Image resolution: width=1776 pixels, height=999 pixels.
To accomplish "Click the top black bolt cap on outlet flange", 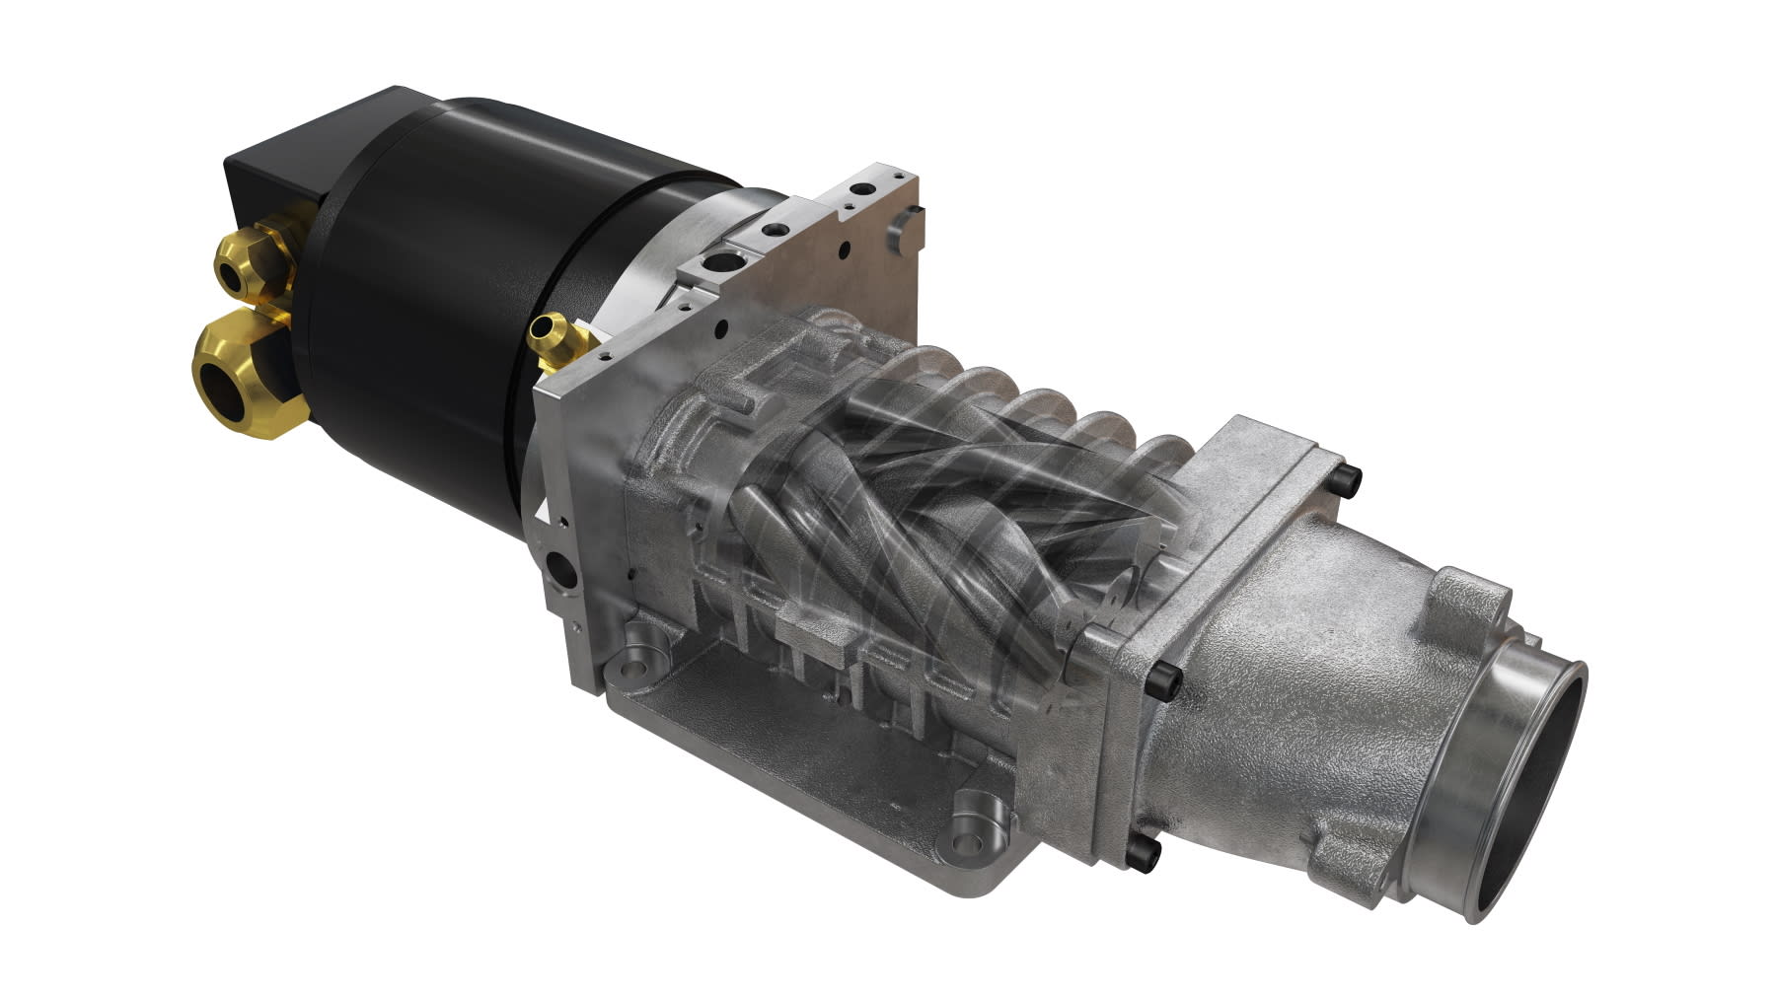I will click(1348, 481).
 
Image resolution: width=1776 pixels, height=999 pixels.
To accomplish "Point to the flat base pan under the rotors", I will click(789, 749).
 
